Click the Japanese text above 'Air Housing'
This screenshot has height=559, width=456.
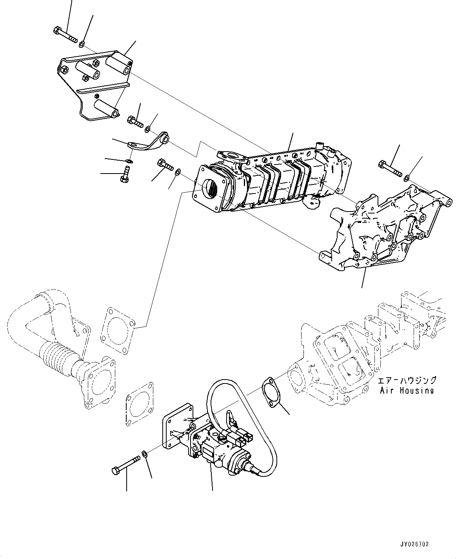(x=406, y=380)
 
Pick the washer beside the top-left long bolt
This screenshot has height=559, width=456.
(x=82, y=43)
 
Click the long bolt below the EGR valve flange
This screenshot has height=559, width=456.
(x=126, y=462)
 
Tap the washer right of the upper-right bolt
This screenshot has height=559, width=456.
(x=407, y=178)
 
